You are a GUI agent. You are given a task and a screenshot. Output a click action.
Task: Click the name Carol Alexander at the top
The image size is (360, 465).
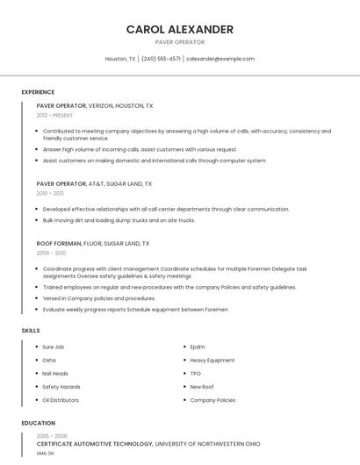[180, 29]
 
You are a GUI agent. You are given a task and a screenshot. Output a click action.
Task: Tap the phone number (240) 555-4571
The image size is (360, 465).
[161, 59]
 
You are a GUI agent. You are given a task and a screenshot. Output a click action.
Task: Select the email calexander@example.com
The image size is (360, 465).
[220, 59]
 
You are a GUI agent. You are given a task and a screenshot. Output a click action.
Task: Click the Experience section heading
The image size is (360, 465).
[38, 92]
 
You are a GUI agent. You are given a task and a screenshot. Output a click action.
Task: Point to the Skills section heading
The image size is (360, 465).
[30, 330]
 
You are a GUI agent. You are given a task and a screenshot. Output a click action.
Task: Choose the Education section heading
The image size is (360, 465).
[38, 423]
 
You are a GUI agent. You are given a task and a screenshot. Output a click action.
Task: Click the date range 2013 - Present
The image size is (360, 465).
[54, 115]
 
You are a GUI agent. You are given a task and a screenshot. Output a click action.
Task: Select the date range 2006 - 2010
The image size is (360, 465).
[51, 253]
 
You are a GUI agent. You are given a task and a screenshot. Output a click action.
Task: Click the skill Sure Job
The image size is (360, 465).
[54, 347]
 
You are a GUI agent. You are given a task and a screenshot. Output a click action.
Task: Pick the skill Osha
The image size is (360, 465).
[49, 360]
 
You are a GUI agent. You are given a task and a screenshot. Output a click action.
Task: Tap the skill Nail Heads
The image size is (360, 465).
[55, 373]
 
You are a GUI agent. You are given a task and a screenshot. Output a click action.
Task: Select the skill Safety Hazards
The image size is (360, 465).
[61, 386]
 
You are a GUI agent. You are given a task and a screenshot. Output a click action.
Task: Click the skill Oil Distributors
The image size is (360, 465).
[61, 400]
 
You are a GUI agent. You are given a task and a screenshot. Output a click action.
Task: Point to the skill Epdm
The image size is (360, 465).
[198, 347]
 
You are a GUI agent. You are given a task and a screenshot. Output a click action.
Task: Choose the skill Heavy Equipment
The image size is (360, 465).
[212, 360]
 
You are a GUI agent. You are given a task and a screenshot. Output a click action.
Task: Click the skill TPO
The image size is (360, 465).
[195, 373]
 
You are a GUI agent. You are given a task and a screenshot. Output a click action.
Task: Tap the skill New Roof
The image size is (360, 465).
[202, 386]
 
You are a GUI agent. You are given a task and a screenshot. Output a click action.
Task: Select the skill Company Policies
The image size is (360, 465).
[212, 400]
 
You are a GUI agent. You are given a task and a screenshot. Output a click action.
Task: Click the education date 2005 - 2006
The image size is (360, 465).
[51, 435]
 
